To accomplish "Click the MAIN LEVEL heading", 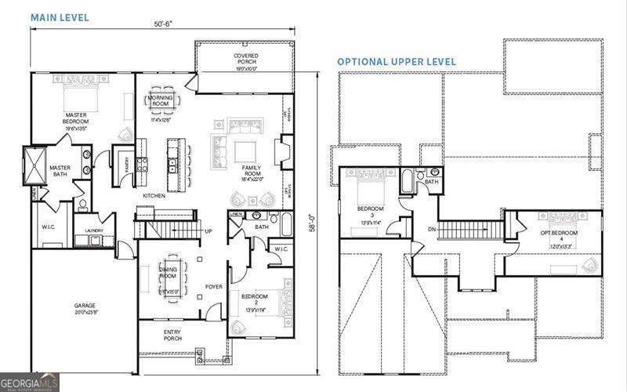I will coord(60,16).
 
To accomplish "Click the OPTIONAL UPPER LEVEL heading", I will coord(397,61).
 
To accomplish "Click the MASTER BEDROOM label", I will coord(76,118).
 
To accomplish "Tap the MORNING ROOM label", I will coord(161,100).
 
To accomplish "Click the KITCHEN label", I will coord(153,195).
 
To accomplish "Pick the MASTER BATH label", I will coord(60,170).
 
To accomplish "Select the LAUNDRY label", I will coord(95,230).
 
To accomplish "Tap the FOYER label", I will coord(214,286).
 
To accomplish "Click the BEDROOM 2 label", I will coord(255,299).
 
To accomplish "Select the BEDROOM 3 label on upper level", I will coord(371,211).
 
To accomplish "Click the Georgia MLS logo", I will coord(30,382).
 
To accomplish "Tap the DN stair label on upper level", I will coord(432,229).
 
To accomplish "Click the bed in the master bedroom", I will coord(82,93).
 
